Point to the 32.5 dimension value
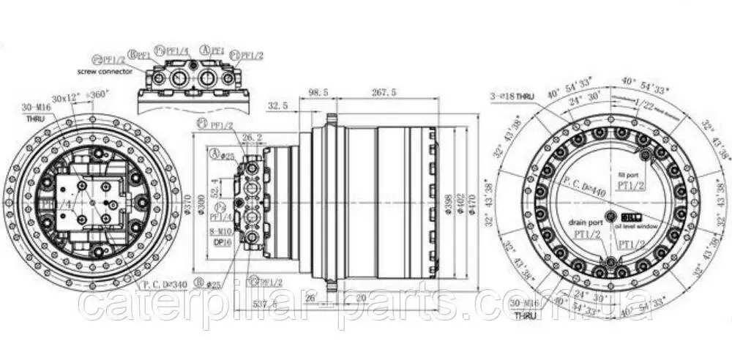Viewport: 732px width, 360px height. point(277,106)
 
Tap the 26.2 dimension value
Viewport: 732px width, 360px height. point(251,136)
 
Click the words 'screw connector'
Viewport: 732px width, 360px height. point(105,72)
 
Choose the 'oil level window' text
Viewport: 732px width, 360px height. point(639,228)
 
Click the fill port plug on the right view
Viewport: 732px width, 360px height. point(646,155)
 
